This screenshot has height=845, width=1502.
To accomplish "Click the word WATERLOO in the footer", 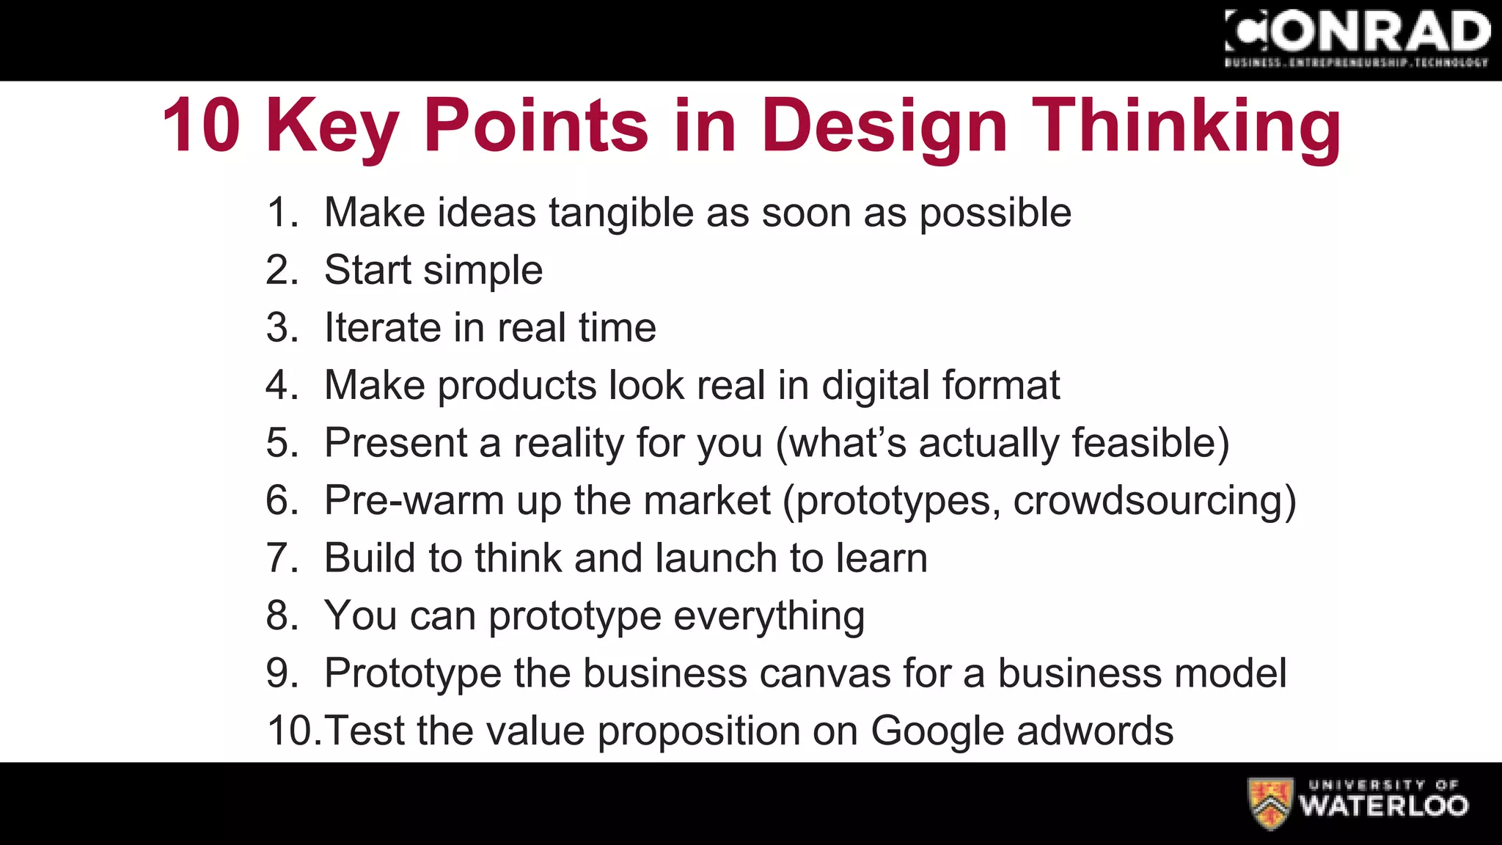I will [x=1384, y=806].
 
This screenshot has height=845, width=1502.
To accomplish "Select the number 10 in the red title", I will [x=201, y=125].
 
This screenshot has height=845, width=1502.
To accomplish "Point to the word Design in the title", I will [x=884, y=125].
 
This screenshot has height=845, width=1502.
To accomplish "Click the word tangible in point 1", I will [x=620, y=213].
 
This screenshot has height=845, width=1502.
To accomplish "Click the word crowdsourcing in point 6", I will [x=1148, y=501].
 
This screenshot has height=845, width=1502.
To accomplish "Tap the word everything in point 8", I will [x=769, y=616].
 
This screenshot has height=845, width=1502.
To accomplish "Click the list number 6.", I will [x=282, y=501].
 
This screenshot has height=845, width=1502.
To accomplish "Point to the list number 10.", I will [x=293, y=731].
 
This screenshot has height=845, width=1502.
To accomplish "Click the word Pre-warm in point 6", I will [x=414, y=501].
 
